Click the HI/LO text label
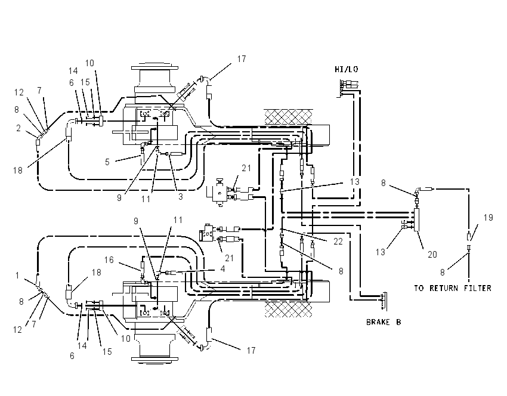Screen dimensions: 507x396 tap(347, 69)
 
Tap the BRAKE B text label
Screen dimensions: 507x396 tap(384, 322)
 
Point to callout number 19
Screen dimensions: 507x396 tap(489, 218)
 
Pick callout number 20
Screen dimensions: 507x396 tap(432, 255)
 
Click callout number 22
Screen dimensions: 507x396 tap(338, 241)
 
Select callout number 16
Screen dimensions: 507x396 tap(109, 259)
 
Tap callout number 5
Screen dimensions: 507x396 tap(107, 162)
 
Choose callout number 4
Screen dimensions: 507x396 tap(222, 268)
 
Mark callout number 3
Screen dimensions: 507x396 tap(180, 196)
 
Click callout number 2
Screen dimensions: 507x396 tap(18, 128)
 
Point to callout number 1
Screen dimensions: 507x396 tap(17, 276)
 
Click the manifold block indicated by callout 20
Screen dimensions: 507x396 tap(417, 219)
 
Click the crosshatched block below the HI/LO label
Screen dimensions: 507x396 tap(289, 117)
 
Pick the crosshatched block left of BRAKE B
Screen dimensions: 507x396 tap(289, 310)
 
